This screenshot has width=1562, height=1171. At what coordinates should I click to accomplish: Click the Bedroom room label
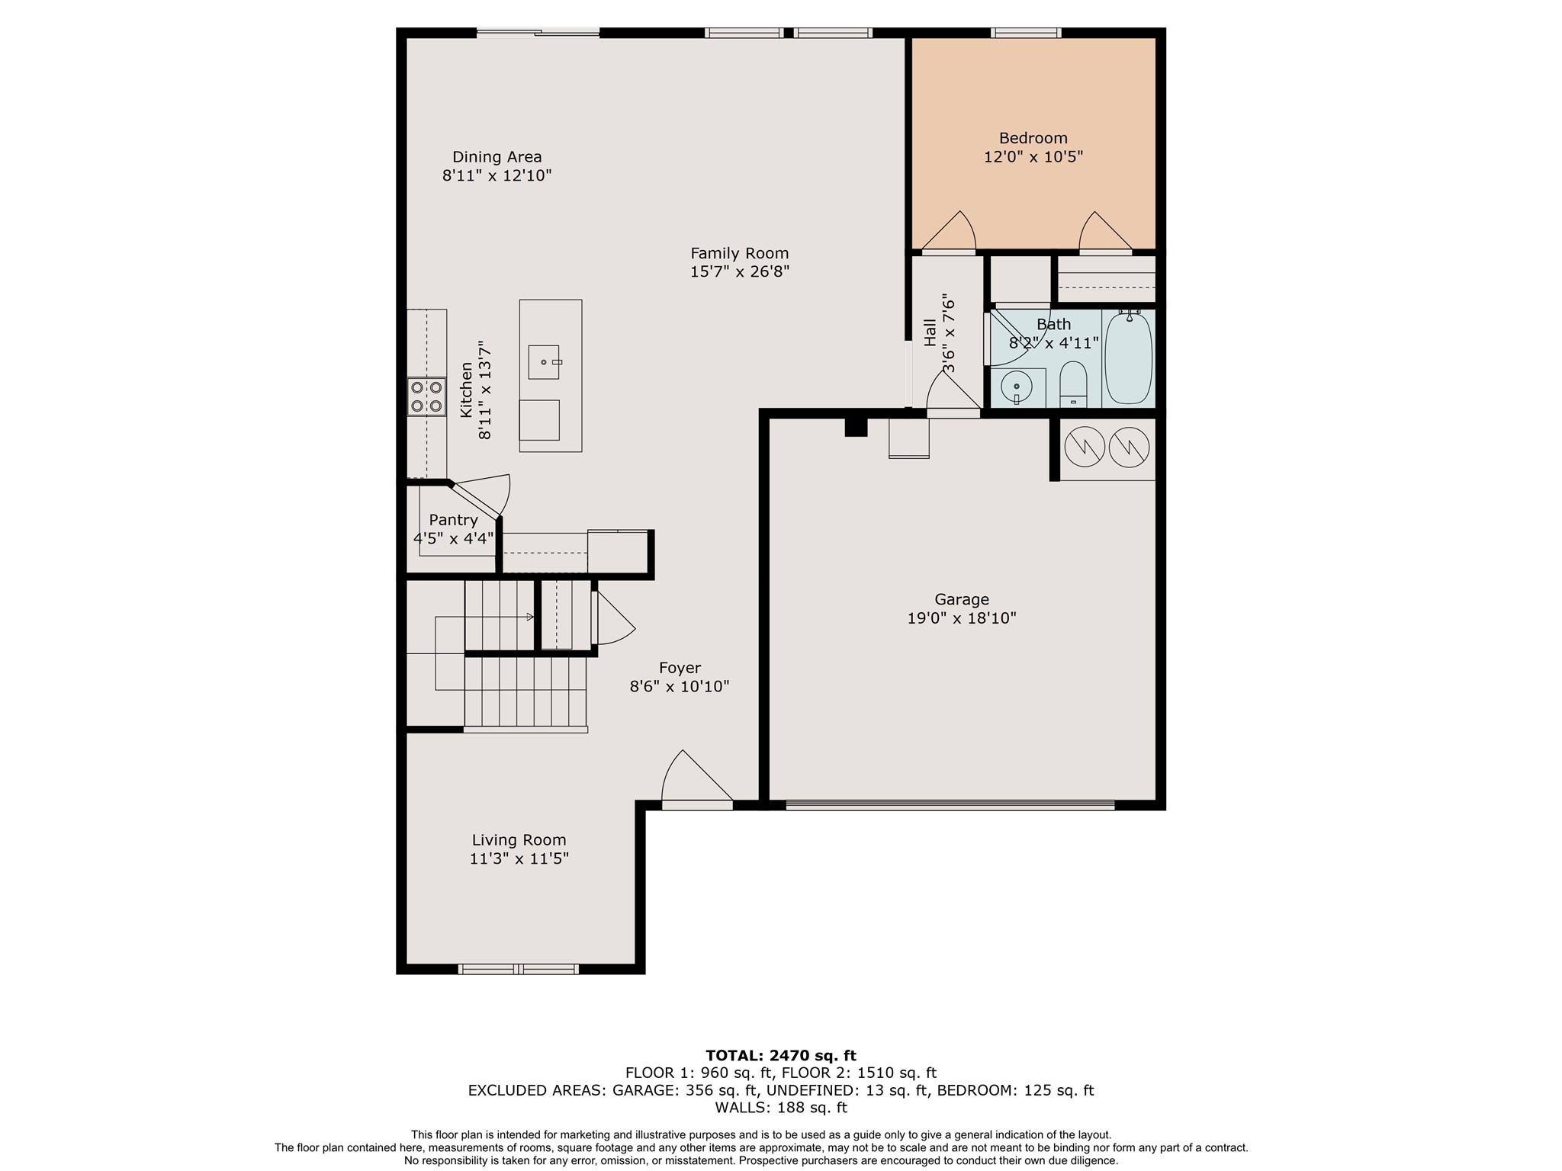coord(1033,138)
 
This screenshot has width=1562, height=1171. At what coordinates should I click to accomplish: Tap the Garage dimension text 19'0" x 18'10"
coord(961,618)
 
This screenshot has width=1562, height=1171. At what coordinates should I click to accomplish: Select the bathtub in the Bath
coord(1129,358)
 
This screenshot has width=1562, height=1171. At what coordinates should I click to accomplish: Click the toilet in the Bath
coord(1073,383)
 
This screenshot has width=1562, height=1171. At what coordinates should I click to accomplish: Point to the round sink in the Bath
coord(1017,388)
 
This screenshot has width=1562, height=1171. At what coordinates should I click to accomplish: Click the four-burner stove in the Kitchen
coord(426,396)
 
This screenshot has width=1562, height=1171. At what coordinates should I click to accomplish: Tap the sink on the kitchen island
coord(544,362)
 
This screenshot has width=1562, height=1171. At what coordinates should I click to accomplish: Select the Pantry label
coord(453,520)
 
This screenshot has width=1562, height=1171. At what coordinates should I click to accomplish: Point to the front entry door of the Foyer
coord(696,804)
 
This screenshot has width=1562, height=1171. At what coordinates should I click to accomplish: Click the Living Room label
coord(519,840)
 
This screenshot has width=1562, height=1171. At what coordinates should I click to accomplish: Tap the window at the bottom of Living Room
coord(519,969)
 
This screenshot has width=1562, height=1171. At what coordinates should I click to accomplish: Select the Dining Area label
coord(497,157)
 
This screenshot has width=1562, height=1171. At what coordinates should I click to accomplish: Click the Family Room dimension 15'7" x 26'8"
coord(739,272)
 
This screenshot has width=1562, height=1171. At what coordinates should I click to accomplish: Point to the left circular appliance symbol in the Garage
coord(1084,448)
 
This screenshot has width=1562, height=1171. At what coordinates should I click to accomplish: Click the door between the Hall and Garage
coord(953,412)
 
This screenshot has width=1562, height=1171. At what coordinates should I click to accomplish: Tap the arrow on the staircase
coord(529,617)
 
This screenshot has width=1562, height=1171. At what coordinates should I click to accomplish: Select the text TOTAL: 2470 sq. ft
coord(780,1055)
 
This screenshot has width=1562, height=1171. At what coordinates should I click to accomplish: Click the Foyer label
coord(680,668)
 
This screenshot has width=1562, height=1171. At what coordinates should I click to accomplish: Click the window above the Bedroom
coord(1025,33)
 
